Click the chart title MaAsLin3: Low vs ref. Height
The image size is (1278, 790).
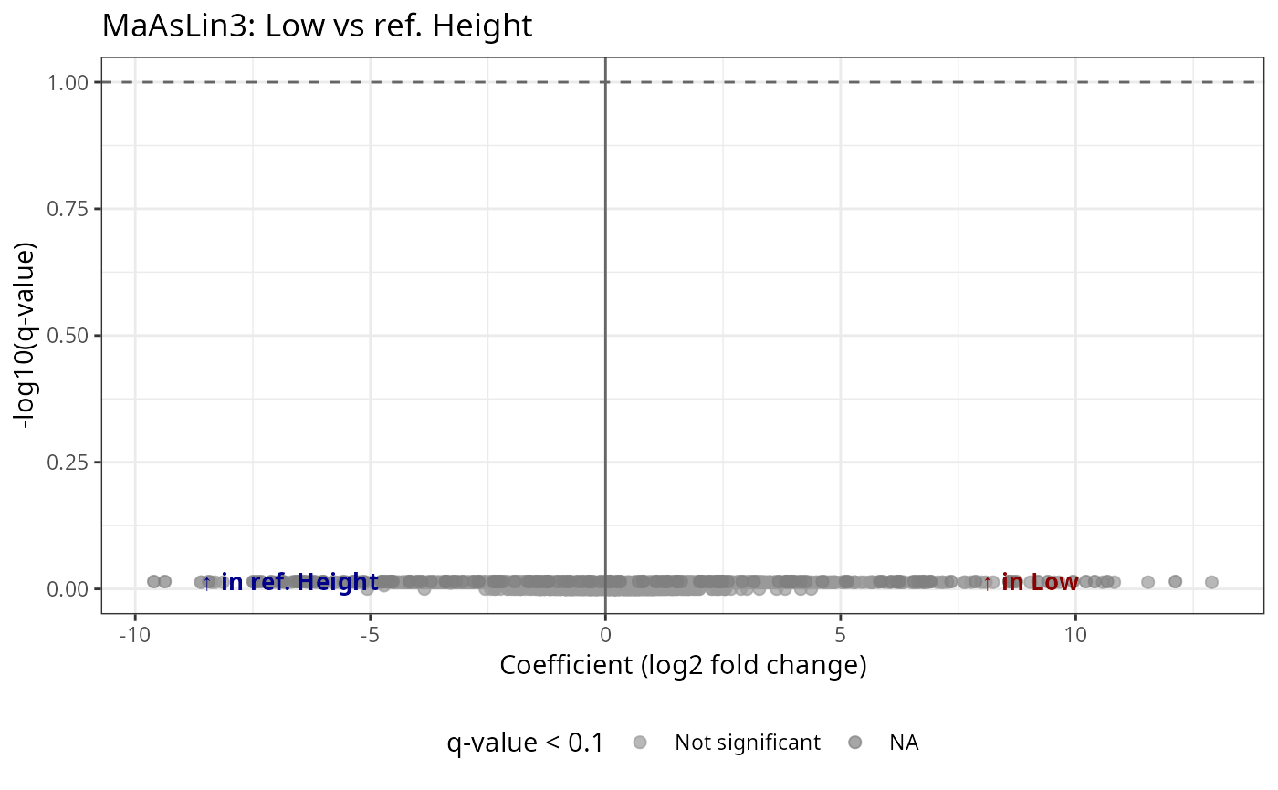[x=317, y=26]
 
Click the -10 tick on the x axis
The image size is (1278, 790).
[x=134, y=633]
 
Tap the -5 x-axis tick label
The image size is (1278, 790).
[x=370, y=633]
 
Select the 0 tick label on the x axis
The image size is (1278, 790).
[x=605, y=633]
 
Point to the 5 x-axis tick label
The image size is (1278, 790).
[x=840, y=633]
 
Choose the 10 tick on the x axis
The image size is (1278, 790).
[x=1075, y=633]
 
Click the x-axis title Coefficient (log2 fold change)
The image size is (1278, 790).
[x=683, y=666]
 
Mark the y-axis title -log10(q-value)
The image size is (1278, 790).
[x=24, y=335]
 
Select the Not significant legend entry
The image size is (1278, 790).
[x=747, y=743]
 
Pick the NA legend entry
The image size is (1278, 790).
[x=904, y=743]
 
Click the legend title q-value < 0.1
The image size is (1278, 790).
[x=525, y=743]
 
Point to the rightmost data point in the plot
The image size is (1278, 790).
[x=1211, y=581]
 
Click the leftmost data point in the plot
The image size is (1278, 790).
[x=153, y=581]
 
